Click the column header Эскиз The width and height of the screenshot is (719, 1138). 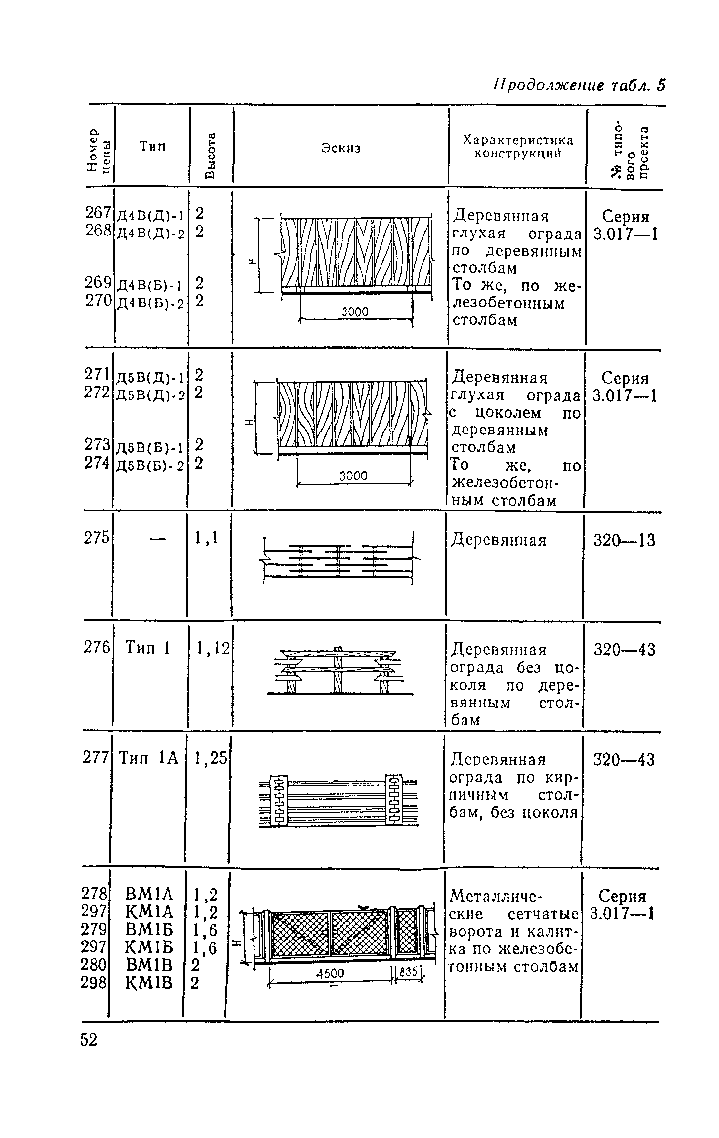(x=341, y=148)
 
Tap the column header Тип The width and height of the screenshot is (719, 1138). (x=152, y=146)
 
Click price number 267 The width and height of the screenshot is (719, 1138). (x=98, y=213)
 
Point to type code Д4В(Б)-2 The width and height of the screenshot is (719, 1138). (x=150, y=303)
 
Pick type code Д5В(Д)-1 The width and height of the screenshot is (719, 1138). (x=150, y=377)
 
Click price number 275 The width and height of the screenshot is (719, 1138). (x=97, y=537)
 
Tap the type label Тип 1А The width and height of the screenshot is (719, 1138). (x=149, y=758)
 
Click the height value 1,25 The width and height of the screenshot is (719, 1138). (x=211, y=758)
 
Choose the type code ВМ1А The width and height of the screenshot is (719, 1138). (x=150, y=893)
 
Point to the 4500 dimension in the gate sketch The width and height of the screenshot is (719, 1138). (x=330, y=973)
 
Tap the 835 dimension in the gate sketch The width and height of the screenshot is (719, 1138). (x=408, y=971)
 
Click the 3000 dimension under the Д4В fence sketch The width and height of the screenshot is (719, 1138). (x=355, y=312)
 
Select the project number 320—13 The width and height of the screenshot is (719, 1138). (x=625, y=541)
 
